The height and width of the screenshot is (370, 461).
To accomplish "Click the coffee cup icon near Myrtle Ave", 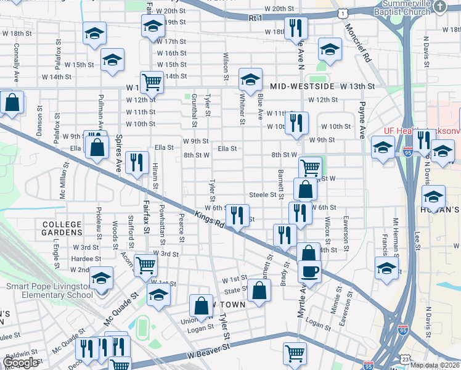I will pyautogui.click(x=309, y=270).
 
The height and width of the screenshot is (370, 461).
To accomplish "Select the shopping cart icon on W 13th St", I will pyautogui.click(x=151, y=81).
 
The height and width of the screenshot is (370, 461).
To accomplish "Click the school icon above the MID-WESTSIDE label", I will pyautogui.click(x=250, y=79).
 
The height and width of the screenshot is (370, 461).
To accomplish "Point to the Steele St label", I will pyautogui.click(x=263, y=195).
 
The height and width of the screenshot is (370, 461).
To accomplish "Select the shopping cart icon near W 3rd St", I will pyautogui.click(x=145, y=265).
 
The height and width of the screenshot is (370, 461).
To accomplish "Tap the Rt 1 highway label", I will pyautogui.click(x=255, y=19).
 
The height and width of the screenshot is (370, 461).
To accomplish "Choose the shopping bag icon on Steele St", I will pyautogui.click(x=305, y=189).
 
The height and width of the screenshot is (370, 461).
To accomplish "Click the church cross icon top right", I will pyautogui.click(x=439, y=6).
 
